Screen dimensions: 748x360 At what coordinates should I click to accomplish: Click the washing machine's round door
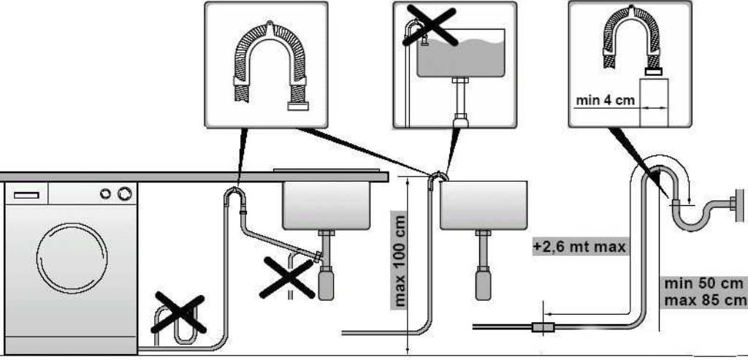point(72,258)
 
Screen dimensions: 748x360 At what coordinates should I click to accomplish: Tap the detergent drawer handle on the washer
point(26,195)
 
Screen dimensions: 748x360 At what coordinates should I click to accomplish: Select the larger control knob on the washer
point(124,193)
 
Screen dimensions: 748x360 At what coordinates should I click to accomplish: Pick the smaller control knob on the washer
point(105,193)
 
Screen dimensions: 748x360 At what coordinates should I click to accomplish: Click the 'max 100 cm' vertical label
point(400,261)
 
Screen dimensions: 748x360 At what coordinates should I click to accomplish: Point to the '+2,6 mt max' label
point(579,247)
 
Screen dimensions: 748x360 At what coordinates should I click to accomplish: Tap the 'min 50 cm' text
point(703,283)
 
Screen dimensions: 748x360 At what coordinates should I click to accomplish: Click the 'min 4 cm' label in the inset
point(605,101)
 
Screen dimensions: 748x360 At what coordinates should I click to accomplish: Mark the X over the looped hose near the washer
point(178,313)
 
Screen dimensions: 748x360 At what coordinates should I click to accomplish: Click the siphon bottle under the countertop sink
point(326,283)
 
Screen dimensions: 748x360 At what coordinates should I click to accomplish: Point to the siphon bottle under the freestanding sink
point(483,283)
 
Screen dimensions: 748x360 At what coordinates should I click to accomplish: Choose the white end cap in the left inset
point(298,106)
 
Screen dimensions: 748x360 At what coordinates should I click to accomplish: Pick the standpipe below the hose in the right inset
point(654,102)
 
